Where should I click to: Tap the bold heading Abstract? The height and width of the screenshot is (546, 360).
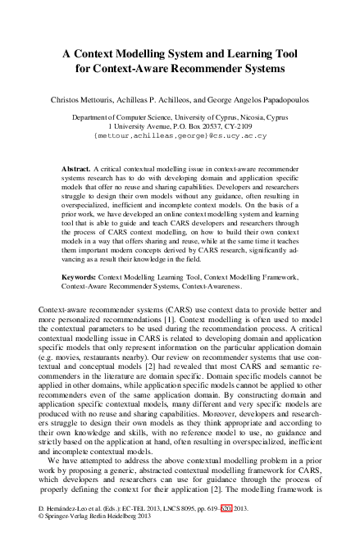78,168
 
